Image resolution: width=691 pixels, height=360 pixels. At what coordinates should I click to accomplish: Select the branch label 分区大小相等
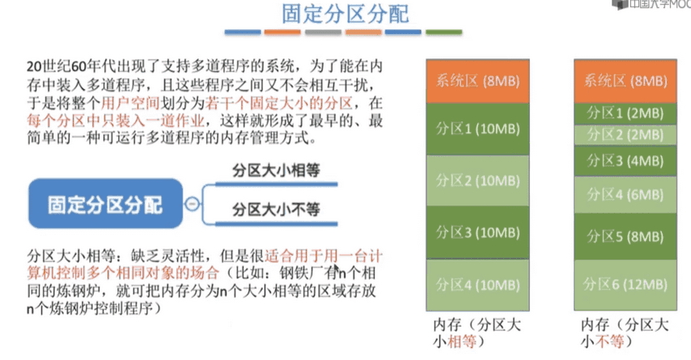[276, 172]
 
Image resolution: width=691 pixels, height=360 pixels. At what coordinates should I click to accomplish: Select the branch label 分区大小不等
[276, 210]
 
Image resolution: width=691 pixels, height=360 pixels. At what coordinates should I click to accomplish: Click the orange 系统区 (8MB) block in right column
[625, 81]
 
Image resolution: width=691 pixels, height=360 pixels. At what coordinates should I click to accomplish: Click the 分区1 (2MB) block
[625, 112]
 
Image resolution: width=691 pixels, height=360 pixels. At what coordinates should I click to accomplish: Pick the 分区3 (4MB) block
[625, 160]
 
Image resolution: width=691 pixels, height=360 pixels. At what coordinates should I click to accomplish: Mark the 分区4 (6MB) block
[625, 194]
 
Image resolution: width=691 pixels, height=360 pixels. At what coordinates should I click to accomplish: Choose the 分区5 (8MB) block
[625, 237]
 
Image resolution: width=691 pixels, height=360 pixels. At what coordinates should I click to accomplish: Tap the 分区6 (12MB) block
[625, 285]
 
